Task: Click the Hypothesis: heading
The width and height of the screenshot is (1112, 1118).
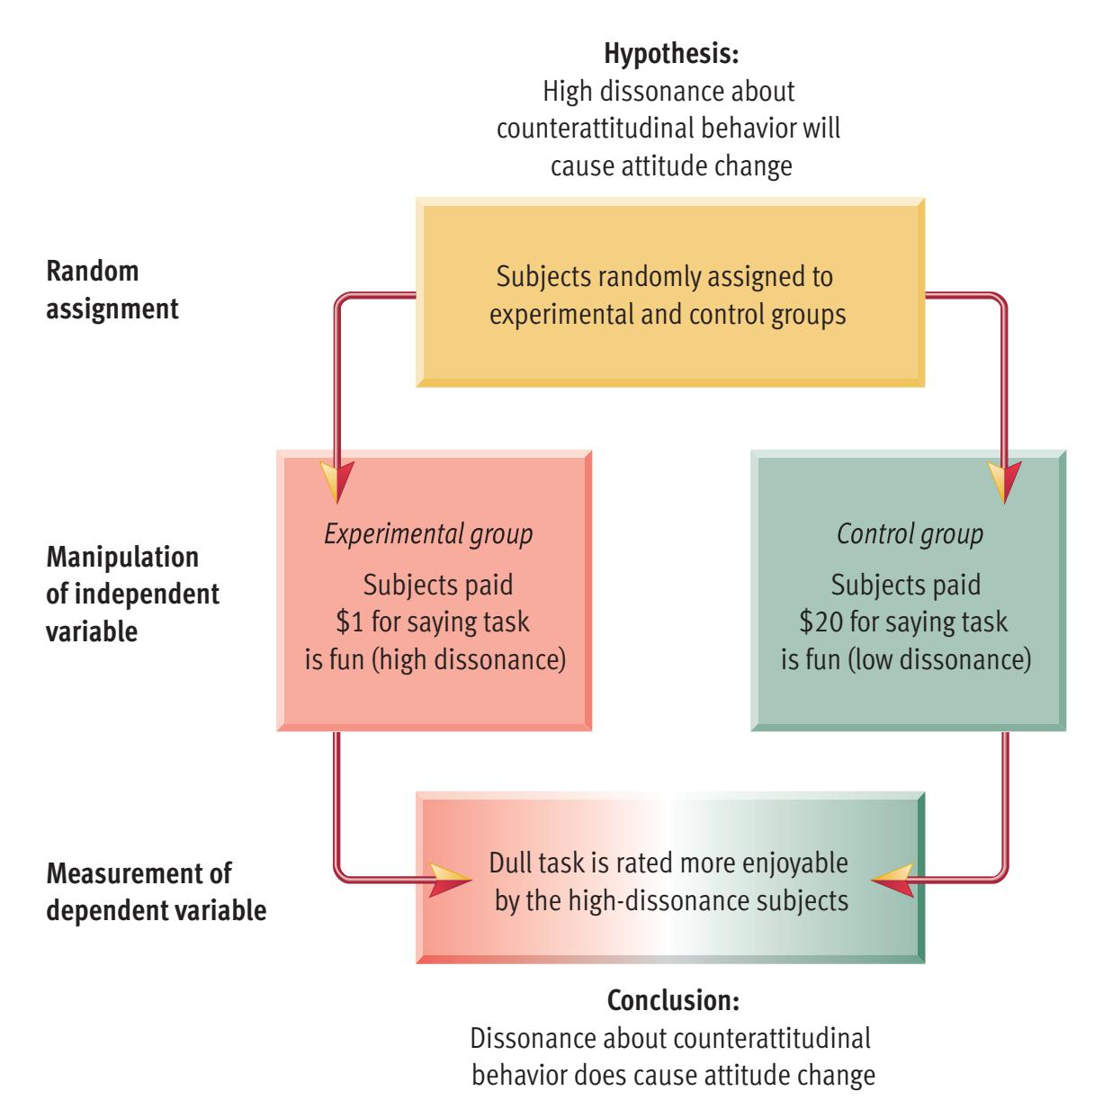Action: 671,54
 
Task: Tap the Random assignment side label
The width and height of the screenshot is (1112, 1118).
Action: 112,290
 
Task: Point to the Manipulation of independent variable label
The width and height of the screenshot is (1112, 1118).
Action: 132,594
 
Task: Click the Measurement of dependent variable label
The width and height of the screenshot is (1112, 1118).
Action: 156,891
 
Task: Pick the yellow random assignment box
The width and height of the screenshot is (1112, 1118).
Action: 670,292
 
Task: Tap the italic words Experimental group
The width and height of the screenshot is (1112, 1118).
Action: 428,534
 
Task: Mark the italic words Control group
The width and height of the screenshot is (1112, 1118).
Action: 910,534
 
